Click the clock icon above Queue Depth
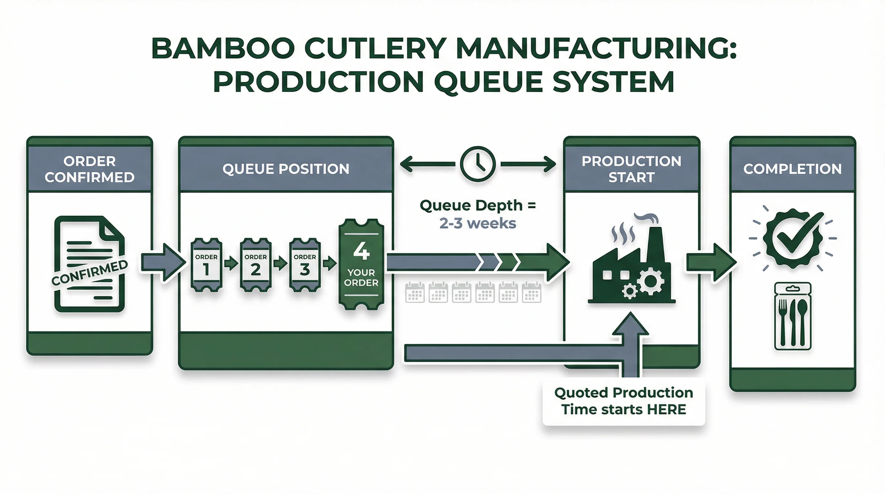[x=478, y=164]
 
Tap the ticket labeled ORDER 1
[x=206, y=265]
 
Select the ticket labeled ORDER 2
[x=255, y=265]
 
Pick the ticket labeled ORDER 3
[x=305, y=265]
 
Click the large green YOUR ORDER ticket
[x=361, y=264]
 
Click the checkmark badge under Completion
[x=793, y=238]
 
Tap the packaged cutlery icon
[x=793, y=316]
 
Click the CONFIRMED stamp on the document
[x=89, y=273]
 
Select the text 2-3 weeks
[x=478, y=224]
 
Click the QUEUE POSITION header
[x=286, y=169]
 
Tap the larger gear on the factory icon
[x=650, y=281]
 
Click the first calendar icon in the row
[x=415, y=293]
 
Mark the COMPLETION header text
[x=792, y=169]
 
